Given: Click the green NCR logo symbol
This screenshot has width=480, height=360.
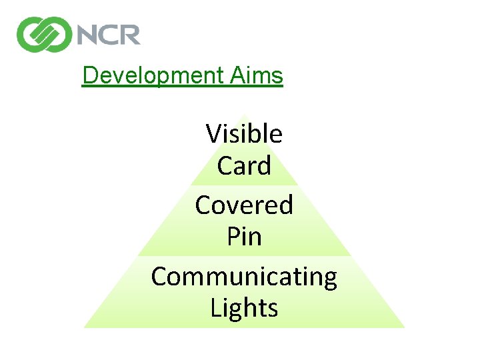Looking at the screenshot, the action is click(44, 34).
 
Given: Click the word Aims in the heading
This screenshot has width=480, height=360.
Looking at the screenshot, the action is click(257, 76).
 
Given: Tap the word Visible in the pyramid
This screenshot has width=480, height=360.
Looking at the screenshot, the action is click(244, 134).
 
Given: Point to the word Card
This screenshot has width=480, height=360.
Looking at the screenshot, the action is click(244, 166).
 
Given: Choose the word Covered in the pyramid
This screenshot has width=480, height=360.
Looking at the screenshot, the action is click(244, 205).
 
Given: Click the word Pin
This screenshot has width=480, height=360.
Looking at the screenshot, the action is click(244, 237).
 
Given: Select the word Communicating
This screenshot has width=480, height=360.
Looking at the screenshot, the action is click(244, 276).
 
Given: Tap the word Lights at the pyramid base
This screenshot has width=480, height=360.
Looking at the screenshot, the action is click(244, 308).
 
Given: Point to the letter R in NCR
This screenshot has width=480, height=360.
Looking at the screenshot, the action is click(129, 33).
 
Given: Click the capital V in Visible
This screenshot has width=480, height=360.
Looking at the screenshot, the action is click(213, 134).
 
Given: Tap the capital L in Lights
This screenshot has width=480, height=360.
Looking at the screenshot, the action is click(215, 308).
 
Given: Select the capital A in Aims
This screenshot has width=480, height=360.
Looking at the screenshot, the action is click(237, 76).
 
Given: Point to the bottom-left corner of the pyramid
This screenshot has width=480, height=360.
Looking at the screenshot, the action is click(85, 327).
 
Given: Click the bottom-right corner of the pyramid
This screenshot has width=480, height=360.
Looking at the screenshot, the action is click(403, 327).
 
